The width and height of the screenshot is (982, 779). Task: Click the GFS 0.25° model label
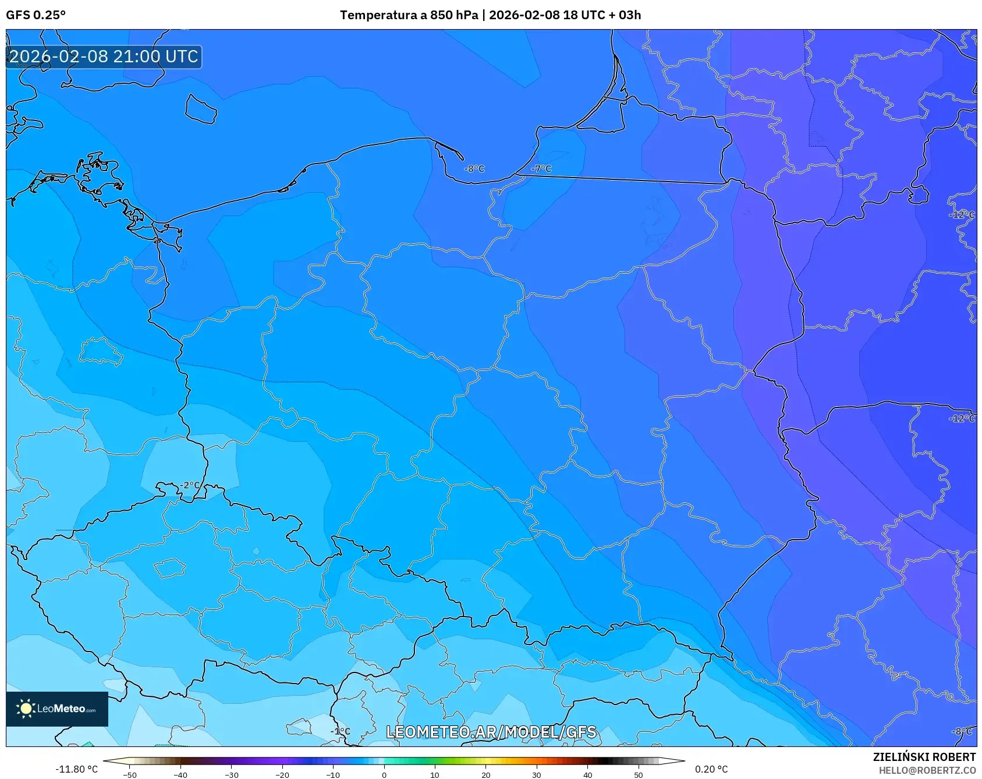click(x=36, y=15)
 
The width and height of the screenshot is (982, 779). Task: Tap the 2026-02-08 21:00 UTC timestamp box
click(x=104, y=56)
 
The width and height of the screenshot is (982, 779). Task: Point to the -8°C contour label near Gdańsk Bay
click(x=474, y=169)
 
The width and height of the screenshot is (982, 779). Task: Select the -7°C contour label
click(x=541, y=169)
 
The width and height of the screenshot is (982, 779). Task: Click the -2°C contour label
click(x=189, y=485)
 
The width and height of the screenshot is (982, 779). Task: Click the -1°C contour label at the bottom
click(x=341, y=731)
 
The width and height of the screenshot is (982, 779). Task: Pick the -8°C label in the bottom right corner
click(x=962, y=731)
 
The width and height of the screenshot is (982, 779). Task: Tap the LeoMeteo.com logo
click(x=57, y=709)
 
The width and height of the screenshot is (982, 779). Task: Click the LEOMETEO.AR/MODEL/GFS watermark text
click(x=491, y=732)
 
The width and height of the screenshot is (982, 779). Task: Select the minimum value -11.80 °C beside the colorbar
click(x=76, y=769)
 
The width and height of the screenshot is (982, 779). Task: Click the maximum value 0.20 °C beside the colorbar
click(x=711, y=769)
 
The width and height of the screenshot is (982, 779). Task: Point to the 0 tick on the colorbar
click(x=384, y=774)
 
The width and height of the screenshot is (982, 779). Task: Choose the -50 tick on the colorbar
click(x=130, y=774)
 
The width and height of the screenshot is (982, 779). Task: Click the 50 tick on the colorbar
click(x=639, y=774)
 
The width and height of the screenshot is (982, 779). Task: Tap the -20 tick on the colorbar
click(x=282, y=774)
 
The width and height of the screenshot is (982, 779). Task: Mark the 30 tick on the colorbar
click(x=537, y=774)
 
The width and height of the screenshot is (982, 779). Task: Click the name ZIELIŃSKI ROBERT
click(x=924, y=757)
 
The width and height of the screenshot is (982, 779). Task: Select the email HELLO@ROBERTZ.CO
click(x=927, y=770)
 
